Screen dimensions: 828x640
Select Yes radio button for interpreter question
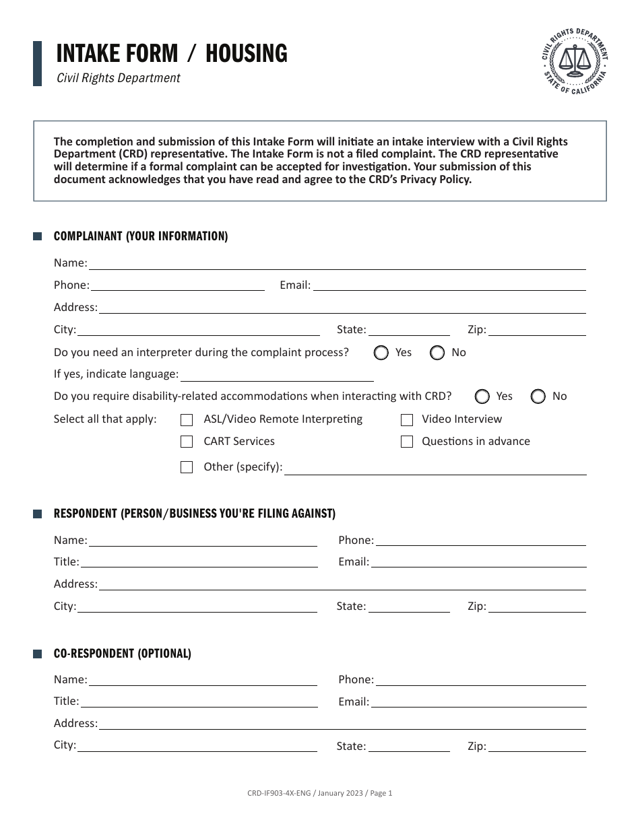point(381,353)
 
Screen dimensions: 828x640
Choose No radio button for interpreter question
point(437,353)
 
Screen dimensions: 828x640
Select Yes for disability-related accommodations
point(482,396)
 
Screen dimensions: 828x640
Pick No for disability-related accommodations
point(538,396)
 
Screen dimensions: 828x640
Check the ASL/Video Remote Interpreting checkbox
point(187,420)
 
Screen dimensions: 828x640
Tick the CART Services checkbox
point(187,442)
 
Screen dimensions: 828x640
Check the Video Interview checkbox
point(407,420)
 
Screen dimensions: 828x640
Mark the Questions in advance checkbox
point(407,442)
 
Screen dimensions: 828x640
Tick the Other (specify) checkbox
point(187,467)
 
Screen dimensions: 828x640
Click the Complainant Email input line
point(449,285)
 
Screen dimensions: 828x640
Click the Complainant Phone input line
point(177,285)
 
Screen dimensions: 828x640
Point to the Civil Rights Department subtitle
point(119,78)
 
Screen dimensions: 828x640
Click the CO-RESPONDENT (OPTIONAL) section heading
point(123,654)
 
